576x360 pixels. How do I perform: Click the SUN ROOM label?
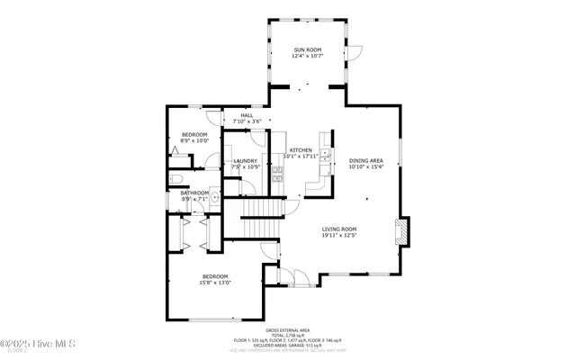point(307,49)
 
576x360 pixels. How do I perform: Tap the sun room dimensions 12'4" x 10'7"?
point(307,56)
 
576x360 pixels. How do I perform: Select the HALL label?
point(246,115)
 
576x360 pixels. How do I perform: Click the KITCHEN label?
point(301,149)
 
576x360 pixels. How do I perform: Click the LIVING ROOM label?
point(339,229)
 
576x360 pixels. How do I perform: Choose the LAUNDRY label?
point(246,161)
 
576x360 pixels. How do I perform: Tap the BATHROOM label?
point(194,192)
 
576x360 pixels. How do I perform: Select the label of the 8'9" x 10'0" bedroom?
point(194,135)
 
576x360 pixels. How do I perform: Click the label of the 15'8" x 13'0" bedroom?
point(215,276)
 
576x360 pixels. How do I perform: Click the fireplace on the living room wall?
point(403,233)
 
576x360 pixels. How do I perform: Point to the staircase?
point(263,209)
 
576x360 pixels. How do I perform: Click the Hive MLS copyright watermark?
point(39,344)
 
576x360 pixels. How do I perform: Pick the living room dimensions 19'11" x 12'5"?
point(339,236)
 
